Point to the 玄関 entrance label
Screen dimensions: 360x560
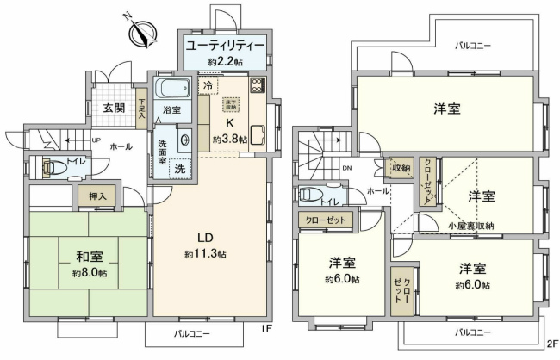[114, 108]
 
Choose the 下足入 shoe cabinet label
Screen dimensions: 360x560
[142, 107]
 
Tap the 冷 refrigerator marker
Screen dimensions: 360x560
[208, 85]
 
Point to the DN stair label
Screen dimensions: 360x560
[346, 169]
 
